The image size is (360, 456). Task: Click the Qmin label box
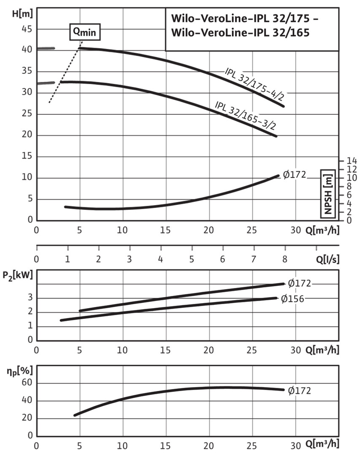(85, 32)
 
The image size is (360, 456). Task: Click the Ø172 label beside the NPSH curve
(294, 174)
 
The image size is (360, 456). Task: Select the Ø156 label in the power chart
(292, 299)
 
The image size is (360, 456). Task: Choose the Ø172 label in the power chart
(300, 283)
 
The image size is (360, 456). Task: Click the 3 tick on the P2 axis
(30, 298)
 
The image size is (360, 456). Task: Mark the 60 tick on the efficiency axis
(27, 383)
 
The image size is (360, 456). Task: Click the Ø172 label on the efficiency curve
(299, 391)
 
